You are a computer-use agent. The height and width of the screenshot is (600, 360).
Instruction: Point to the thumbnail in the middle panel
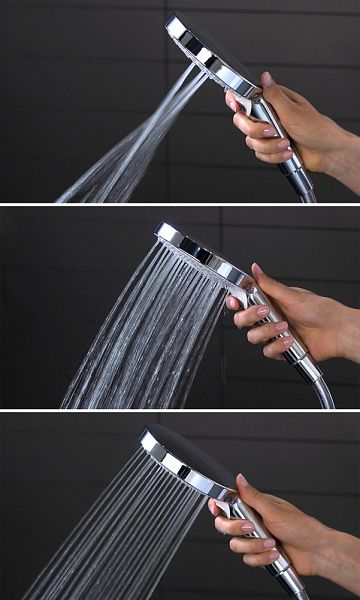coord(257,271)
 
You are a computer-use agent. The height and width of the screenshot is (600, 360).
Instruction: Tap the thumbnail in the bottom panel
coord(241,481)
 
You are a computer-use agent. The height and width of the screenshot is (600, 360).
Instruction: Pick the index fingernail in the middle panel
coord(233,302)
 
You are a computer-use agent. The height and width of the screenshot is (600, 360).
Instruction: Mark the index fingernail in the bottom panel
coord(215,507)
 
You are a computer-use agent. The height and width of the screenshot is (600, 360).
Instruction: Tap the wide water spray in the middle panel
coord(140,330)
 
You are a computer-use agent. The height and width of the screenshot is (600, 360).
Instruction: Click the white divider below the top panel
coord(180,204)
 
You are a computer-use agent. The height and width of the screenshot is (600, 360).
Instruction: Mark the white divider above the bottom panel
coord(180,410)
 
